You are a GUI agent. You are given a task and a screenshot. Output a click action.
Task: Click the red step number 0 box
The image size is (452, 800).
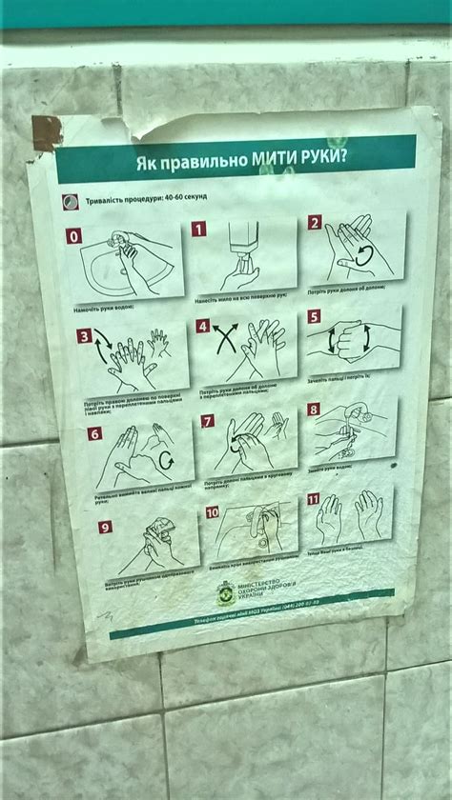coord(74,236)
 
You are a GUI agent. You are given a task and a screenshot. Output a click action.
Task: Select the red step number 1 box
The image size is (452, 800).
coord(198,229)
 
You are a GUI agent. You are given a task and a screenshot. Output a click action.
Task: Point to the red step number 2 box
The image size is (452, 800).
coord(315,223)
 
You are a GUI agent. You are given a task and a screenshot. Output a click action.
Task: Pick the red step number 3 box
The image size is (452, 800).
coord(84,336)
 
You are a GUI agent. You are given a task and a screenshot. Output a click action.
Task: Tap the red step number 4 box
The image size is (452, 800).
coord(202,326)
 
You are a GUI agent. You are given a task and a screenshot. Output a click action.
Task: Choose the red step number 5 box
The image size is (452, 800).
coord(314,316)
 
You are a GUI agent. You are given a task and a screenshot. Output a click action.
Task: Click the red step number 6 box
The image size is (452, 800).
coord(94,433)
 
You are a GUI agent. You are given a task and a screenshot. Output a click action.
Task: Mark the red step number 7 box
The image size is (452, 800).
coord(207,421)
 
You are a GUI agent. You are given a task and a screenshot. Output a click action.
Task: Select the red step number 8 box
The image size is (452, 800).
coord(313,410)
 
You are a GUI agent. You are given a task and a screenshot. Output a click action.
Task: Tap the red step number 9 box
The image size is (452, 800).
coord(105,527)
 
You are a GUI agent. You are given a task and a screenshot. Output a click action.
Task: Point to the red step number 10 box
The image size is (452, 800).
coord(212,512)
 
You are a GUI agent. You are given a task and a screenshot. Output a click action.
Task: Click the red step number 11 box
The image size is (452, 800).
coord(313,499)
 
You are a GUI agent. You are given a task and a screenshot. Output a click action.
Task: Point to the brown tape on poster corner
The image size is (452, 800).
coord(46,133)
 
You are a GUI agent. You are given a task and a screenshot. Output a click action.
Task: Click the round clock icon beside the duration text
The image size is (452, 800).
coord(69,202)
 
